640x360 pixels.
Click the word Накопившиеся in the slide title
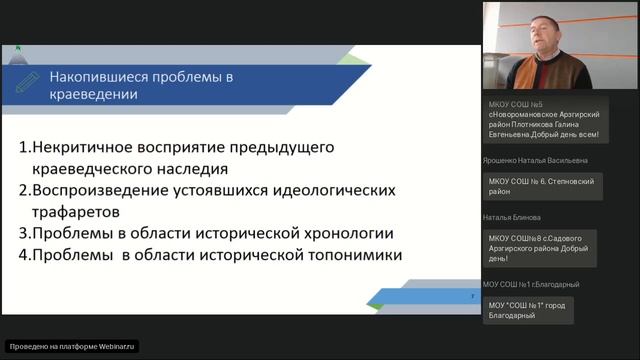pos(104,76)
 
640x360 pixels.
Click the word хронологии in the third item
pos(345,234)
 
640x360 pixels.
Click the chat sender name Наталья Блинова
pos(512,217)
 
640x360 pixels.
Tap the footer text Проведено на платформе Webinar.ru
pos(72,346)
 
